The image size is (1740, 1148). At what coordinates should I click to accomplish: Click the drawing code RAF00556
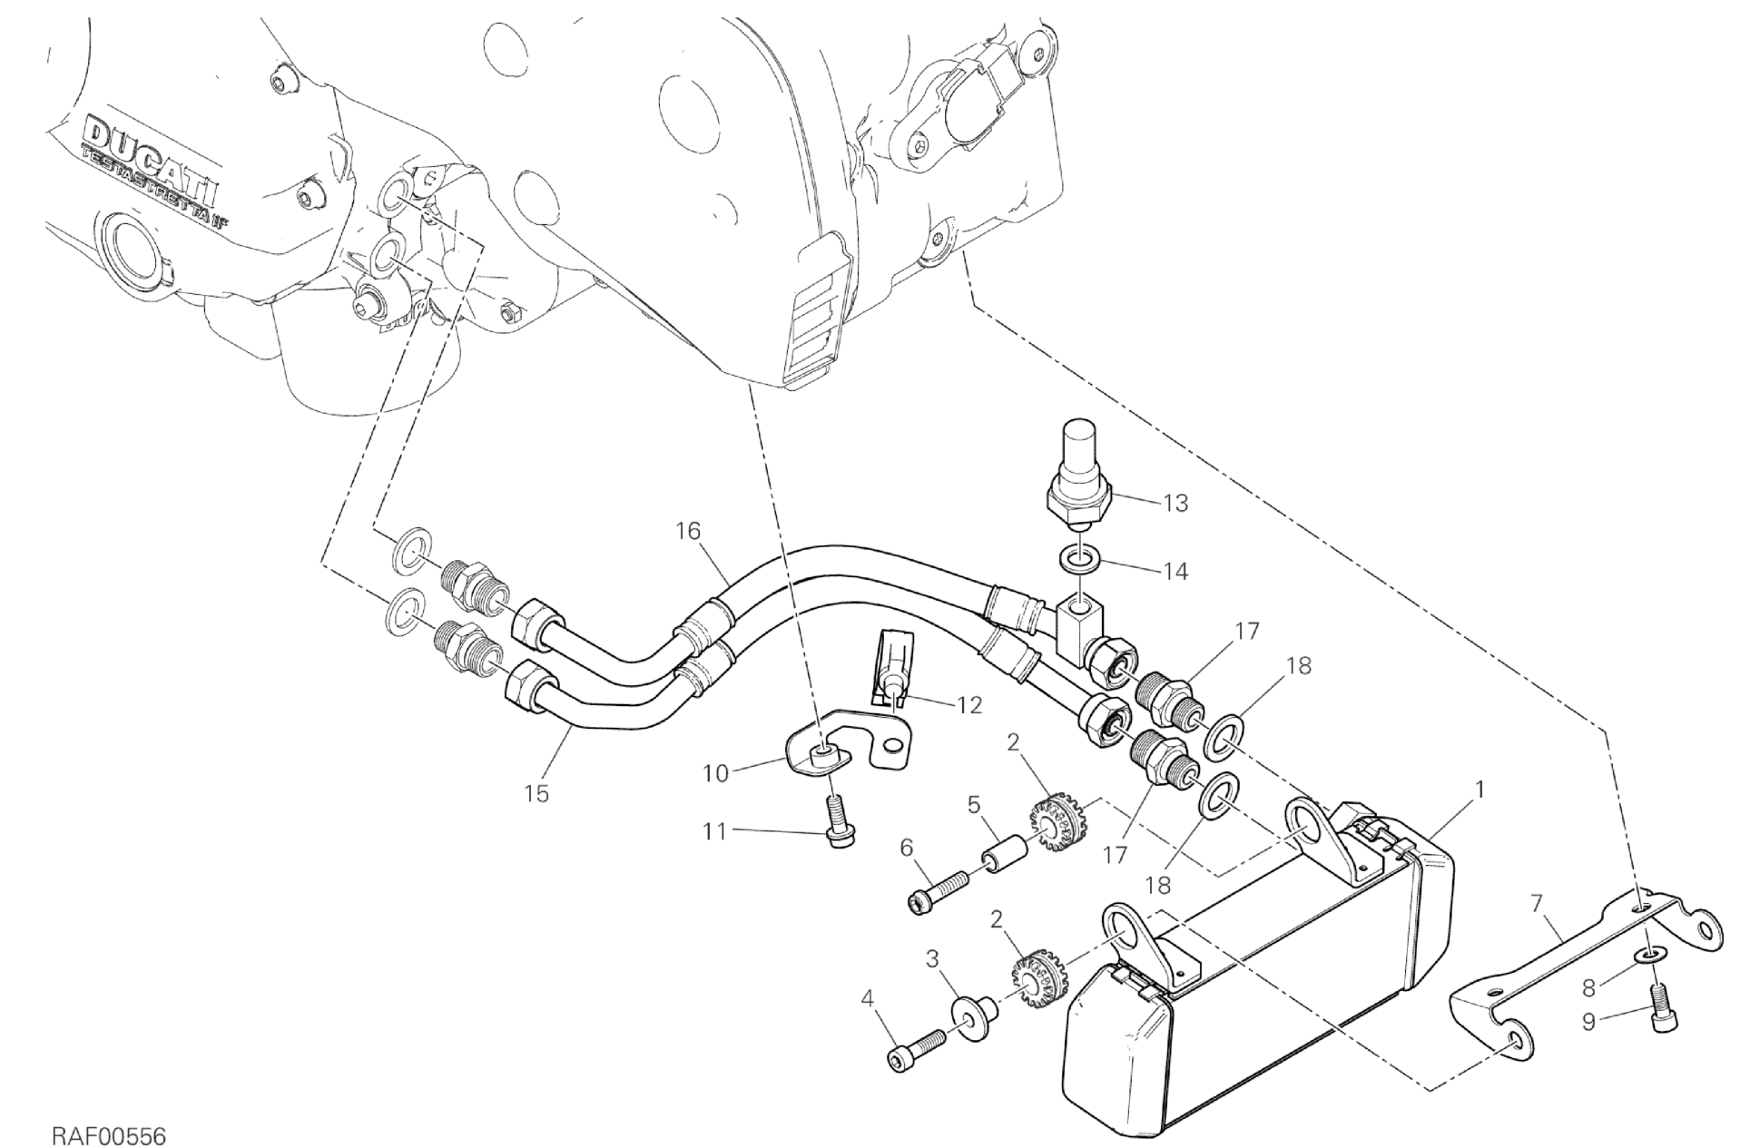click(x=109, y=1111)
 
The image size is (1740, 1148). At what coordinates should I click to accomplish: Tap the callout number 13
click(x=1175, y=504)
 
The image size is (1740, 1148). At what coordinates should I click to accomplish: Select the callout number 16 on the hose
click(x=688, y=530)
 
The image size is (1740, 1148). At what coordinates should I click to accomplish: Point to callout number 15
click(x=536, y=793)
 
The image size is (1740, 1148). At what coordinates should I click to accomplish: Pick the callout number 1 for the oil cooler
click(x=1479, y=790)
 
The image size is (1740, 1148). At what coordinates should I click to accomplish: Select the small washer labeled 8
click(x=1651, y=956)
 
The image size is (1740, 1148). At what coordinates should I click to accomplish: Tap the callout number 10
click(x=715, y=773)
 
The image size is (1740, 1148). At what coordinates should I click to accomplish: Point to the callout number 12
click(x=969, y=704)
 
